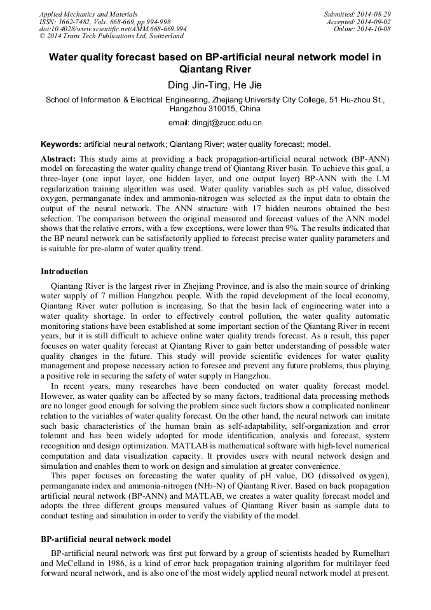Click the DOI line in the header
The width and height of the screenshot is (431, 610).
tap(113, 29)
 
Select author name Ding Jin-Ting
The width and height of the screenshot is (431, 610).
tap(194, 85)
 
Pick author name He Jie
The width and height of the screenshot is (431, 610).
tap(245, 85)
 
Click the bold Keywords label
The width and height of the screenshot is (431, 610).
tap(61, 144)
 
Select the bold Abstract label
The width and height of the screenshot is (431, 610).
tap(58, 158)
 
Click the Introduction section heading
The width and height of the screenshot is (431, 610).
tap(64, 272)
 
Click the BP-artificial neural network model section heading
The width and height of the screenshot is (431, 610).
tap(106, 539)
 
